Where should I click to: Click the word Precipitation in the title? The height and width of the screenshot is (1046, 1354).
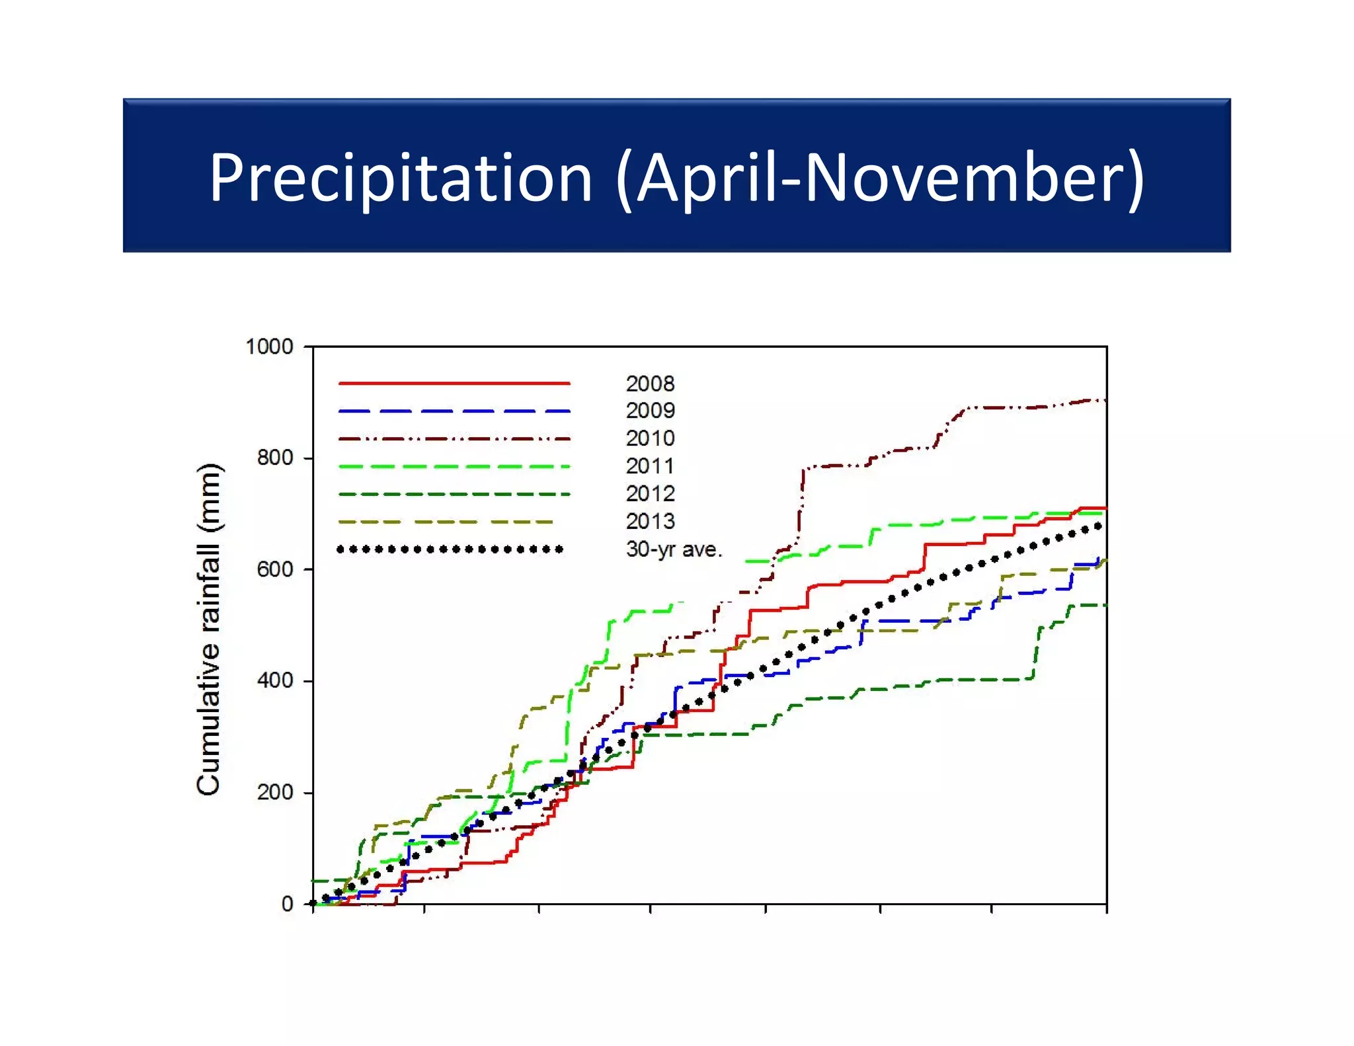click(x=401, y=177)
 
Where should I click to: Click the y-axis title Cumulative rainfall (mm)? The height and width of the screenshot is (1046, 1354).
click(x=209, y=629)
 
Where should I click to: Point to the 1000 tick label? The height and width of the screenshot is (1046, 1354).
click(x=269, y=346)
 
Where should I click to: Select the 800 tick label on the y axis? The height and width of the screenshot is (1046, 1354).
click(x=275, y=458)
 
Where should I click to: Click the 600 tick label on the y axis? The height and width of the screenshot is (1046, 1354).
click(x=275, y=569)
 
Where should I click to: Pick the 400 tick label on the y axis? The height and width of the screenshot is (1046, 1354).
click(x=275, y=680)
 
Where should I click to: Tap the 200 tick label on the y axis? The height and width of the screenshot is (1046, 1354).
click(x=275, y=792)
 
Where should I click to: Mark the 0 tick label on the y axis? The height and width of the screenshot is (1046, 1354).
click(x=287, y=904)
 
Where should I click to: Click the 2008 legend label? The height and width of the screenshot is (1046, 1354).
click(x=650, y=383)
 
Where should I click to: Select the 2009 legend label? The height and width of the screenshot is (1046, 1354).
click(x=650, y=411)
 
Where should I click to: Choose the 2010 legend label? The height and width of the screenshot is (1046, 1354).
click(x=650, y=438)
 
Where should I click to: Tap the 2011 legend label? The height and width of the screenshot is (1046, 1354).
click(x=650, y=466)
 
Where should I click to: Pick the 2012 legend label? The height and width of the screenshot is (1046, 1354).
click(x=650, y=494)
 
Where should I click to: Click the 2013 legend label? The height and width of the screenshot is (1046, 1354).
click(x=650, y=522)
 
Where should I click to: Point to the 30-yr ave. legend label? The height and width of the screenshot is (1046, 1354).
click(x=674, y=549)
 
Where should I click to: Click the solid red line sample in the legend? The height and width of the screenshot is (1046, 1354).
click(x=454, y=383)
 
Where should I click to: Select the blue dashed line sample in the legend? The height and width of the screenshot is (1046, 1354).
click(x=454, y=411)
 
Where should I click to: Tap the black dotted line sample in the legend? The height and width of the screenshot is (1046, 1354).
click(x=450, y=549)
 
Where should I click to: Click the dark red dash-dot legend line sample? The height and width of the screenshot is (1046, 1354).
click(x=454, y=439)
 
